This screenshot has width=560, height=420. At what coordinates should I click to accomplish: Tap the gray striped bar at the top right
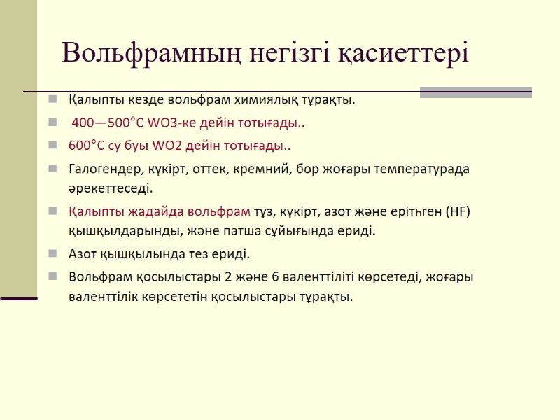click(x=475, y=92)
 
